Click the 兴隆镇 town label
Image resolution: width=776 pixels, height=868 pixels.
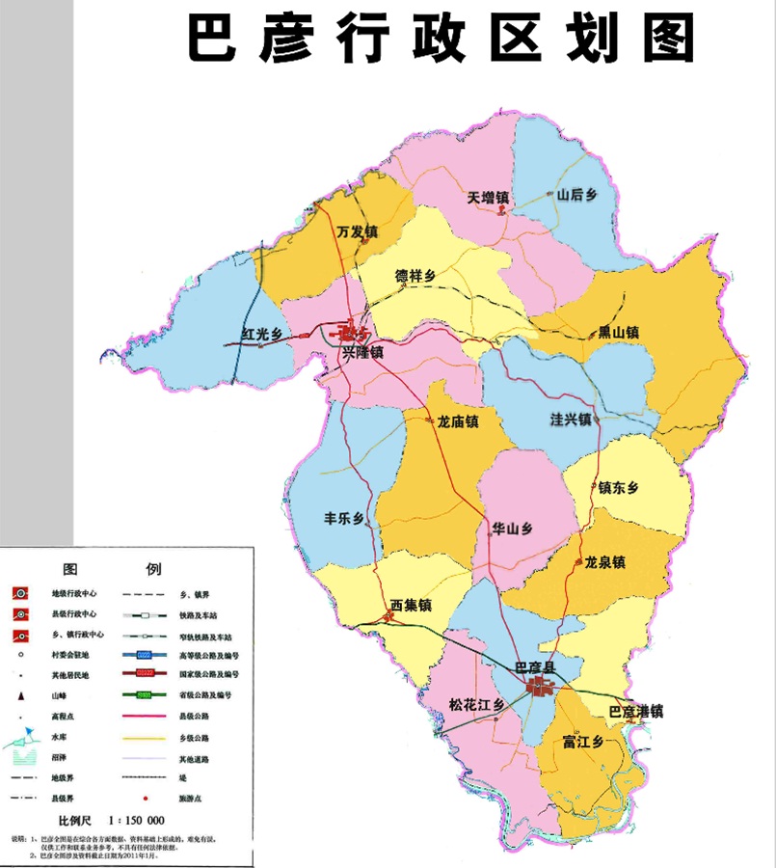tap(362, 354)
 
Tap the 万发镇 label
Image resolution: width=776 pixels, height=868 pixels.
tap(357, 232)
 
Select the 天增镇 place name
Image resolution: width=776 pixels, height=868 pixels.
tap(488, 198)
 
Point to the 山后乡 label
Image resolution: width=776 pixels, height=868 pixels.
tap(577, 195)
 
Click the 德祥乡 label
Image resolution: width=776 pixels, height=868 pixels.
tap(415, 276)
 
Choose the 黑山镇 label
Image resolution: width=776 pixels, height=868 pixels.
tap(618, 332)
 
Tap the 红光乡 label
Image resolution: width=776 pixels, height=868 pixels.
tap(261, 335)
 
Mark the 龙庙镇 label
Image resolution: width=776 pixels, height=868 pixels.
tap(458, 421)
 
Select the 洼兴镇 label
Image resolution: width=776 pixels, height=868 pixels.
tap(570, 420)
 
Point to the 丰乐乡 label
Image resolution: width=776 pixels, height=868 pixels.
tap(343, 518)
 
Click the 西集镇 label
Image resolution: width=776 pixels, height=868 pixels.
tap(411, 606)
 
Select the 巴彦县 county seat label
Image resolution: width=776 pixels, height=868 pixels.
tap(537, 667)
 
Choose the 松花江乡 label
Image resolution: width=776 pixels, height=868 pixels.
tap(477, 705)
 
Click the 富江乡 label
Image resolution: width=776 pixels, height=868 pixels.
tap(582, 742)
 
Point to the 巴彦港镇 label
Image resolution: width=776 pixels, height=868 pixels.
tap(635, 713)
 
